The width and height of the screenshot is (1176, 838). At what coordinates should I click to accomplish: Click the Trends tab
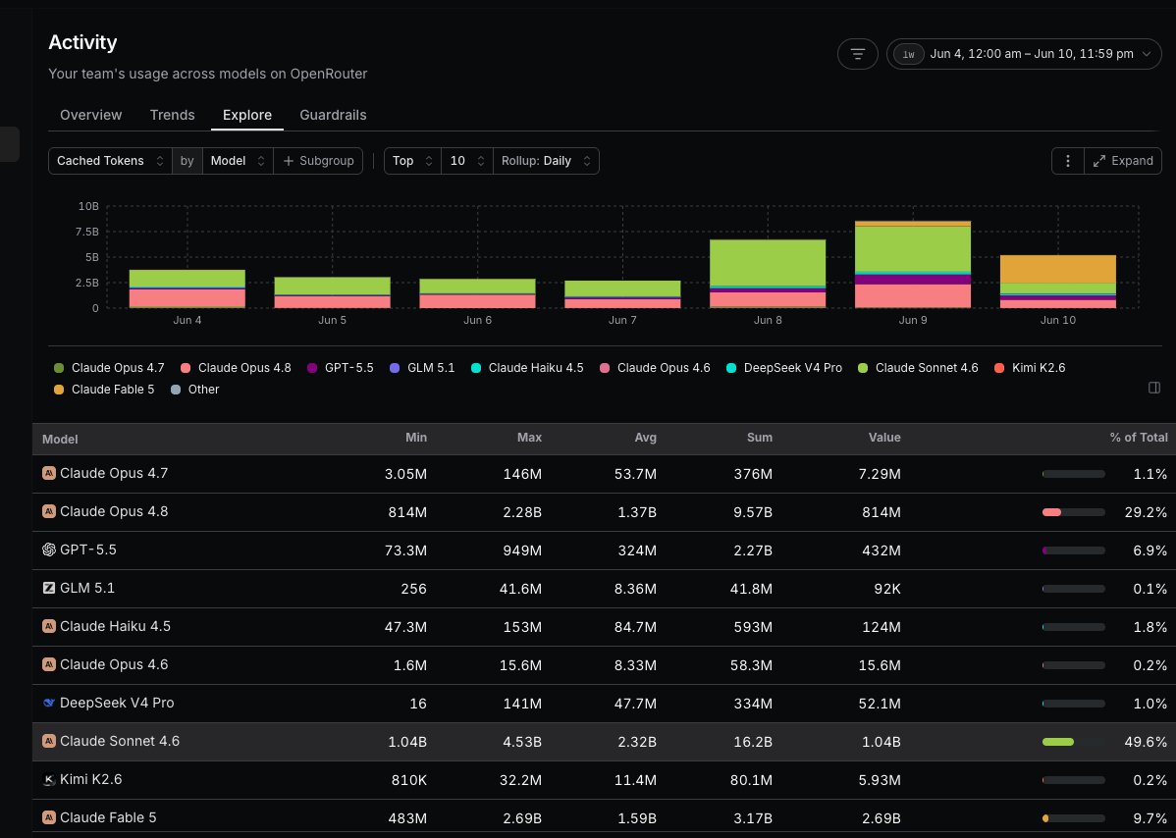tap(172, 115)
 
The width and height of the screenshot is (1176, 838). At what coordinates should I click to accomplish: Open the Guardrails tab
tap(333, 115)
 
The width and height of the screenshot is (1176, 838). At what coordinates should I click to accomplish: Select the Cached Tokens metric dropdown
tap(110, 161)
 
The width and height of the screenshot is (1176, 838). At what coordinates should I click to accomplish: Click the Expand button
tap(1123, 161)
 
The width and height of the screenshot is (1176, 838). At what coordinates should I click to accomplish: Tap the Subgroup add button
tap(319, 161)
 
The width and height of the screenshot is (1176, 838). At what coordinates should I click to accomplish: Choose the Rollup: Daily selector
tap(546, 161)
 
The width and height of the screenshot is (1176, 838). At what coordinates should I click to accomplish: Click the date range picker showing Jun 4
tap(1024, 54)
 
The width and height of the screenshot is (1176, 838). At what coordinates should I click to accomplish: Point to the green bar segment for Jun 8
tap(768, 262)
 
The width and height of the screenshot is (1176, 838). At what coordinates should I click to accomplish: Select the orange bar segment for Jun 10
tap(1057, 269)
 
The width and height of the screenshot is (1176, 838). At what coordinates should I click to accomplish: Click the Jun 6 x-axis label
tap(478, 320)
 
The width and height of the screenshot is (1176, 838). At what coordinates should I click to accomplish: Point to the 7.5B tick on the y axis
tap(87, 232)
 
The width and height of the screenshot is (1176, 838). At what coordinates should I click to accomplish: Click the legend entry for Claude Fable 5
tap(104, 389)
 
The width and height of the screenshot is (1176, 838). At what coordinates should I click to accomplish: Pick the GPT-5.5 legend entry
tap(341, 368)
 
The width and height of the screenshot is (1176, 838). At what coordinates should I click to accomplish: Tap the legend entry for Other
tap(195, 389)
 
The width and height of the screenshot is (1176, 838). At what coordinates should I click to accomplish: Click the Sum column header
tap(760, 438)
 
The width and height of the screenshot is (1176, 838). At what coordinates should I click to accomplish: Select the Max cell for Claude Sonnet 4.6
tap(522, 742)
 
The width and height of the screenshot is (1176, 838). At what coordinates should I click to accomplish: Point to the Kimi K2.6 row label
tap(90, 779)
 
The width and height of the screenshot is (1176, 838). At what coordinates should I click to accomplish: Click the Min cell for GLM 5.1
tap(414, 589)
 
